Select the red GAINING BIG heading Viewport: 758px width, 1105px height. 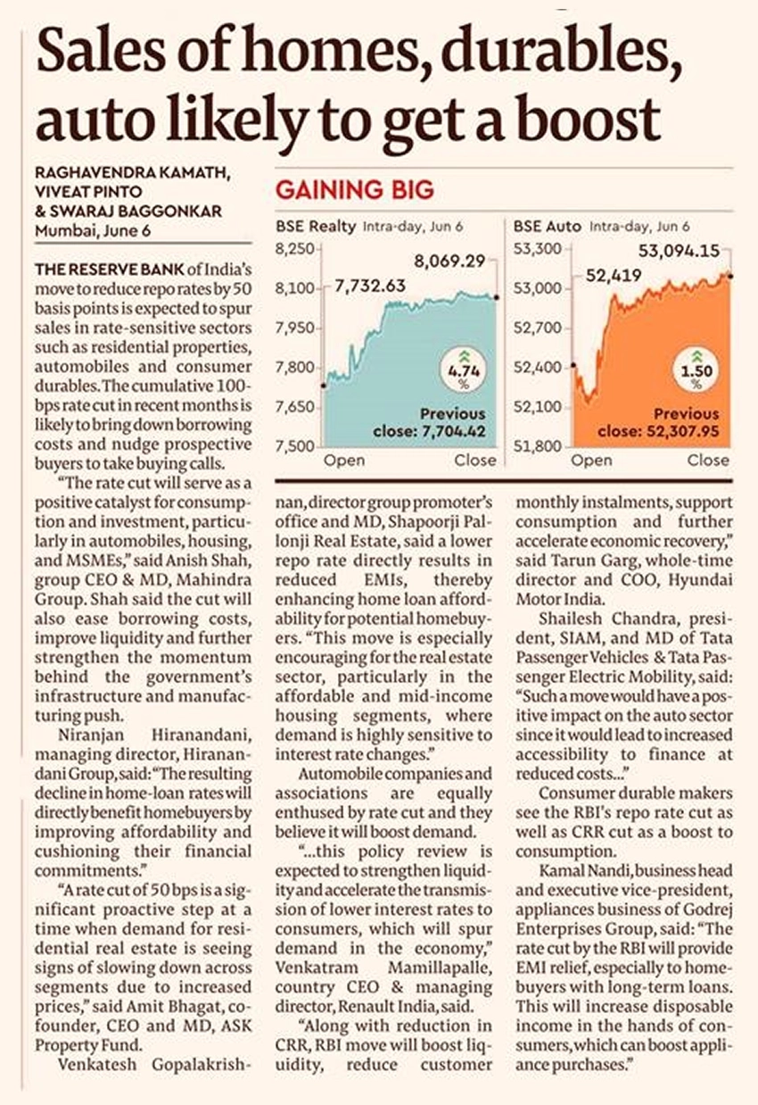coord(355,190)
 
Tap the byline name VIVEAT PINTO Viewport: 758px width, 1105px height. coord(88,191)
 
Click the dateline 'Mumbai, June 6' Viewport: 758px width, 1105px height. coord(93,231)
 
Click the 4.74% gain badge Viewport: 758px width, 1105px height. coord(464,370)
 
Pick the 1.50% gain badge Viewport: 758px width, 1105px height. coord(696,370)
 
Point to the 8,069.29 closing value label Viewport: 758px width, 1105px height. coord(449,261)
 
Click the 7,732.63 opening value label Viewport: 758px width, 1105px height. coord(370,286)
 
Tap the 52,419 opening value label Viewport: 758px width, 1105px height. coord(614,275)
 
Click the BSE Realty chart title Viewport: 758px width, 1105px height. coord(316,227)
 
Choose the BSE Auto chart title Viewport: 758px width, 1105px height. coord(548,227)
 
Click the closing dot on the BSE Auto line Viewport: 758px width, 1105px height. coord(730,277)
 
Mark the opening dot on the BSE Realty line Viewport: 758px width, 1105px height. coord(324,386)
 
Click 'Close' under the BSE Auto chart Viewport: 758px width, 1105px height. coord(708,461)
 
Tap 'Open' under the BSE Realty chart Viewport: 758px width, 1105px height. coord(344,461)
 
